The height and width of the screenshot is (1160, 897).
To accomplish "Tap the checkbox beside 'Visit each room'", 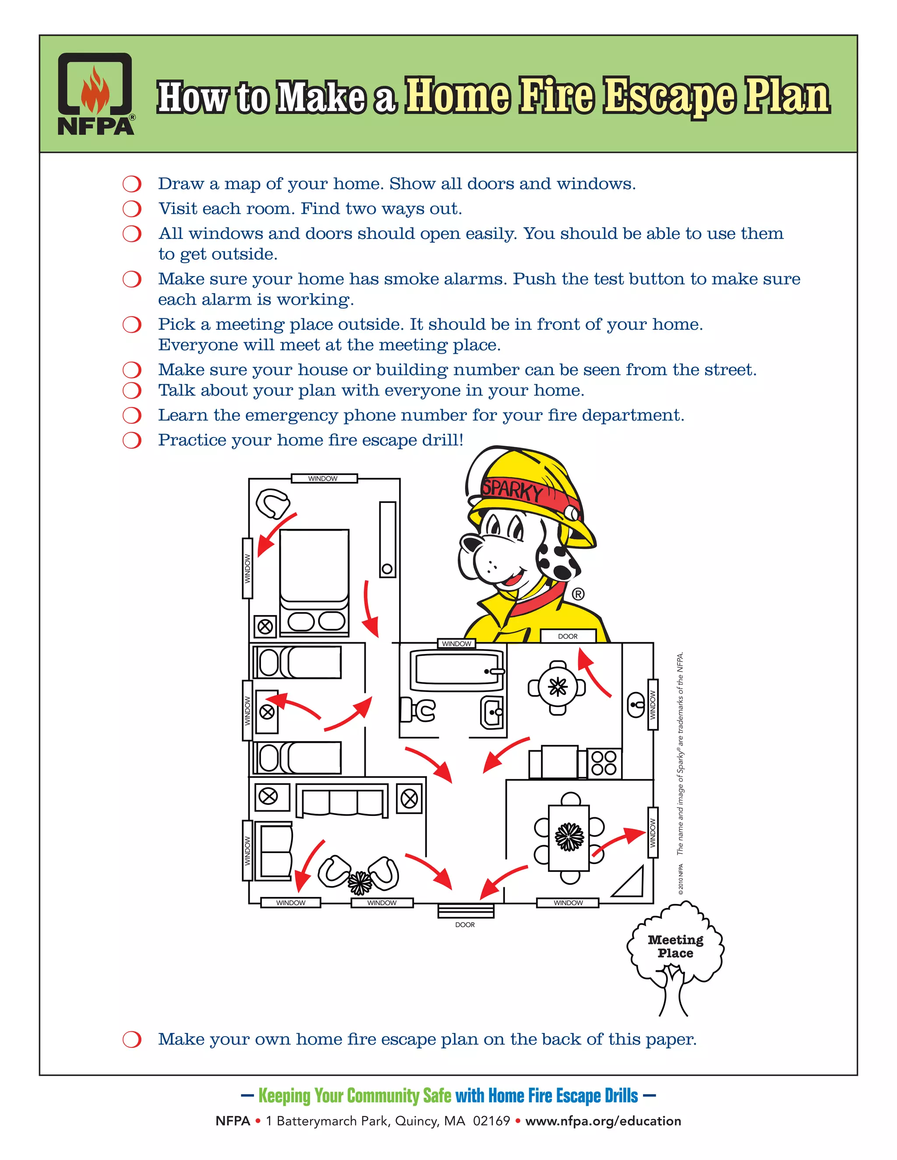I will point(132,209).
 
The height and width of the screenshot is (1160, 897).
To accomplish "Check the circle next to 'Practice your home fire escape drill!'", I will point(132,440).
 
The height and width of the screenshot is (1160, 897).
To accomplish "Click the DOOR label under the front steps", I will point(465,924).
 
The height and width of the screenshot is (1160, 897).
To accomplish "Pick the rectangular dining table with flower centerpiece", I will point(569,837).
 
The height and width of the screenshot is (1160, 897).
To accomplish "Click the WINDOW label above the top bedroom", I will point(323,478).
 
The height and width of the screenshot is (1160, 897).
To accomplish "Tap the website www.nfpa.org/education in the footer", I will point(603,1121).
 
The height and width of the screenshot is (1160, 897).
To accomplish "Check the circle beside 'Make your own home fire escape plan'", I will point(132,1040).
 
